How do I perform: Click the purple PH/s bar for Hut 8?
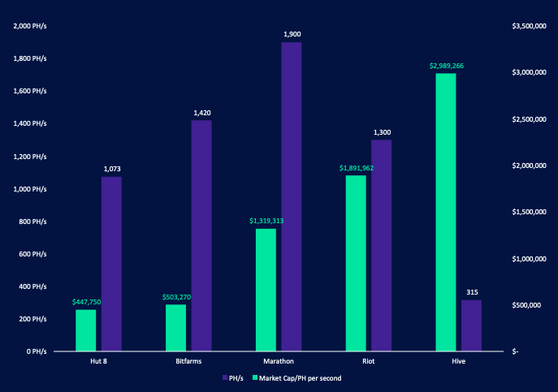pos(111,264)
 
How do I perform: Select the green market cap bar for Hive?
pos(445,213)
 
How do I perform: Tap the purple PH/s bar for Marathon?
pos(292,197)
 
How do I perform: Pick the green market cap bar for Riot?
pos(356,264)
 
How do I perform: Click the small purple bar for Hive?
pos(471,325)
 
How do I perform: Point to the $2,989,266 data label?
pos(446,66)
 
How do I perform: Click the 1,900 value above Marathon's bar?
pos(292,34)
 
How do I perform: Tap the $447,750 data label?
pos(85,302)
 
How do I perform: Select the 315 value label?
pos(471,292)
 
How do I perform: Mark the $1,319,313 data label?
pos(266,221)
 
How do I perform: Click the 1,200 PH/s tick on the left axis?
pos(32,156)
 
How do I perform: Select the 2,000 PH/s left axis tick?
pos(32,26)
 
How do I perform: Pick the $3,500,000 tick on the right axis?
pos(531,27)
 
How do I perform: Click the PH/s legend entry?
pos(233,378)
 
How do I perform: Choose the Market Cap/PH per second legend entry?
pos(296,378)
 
